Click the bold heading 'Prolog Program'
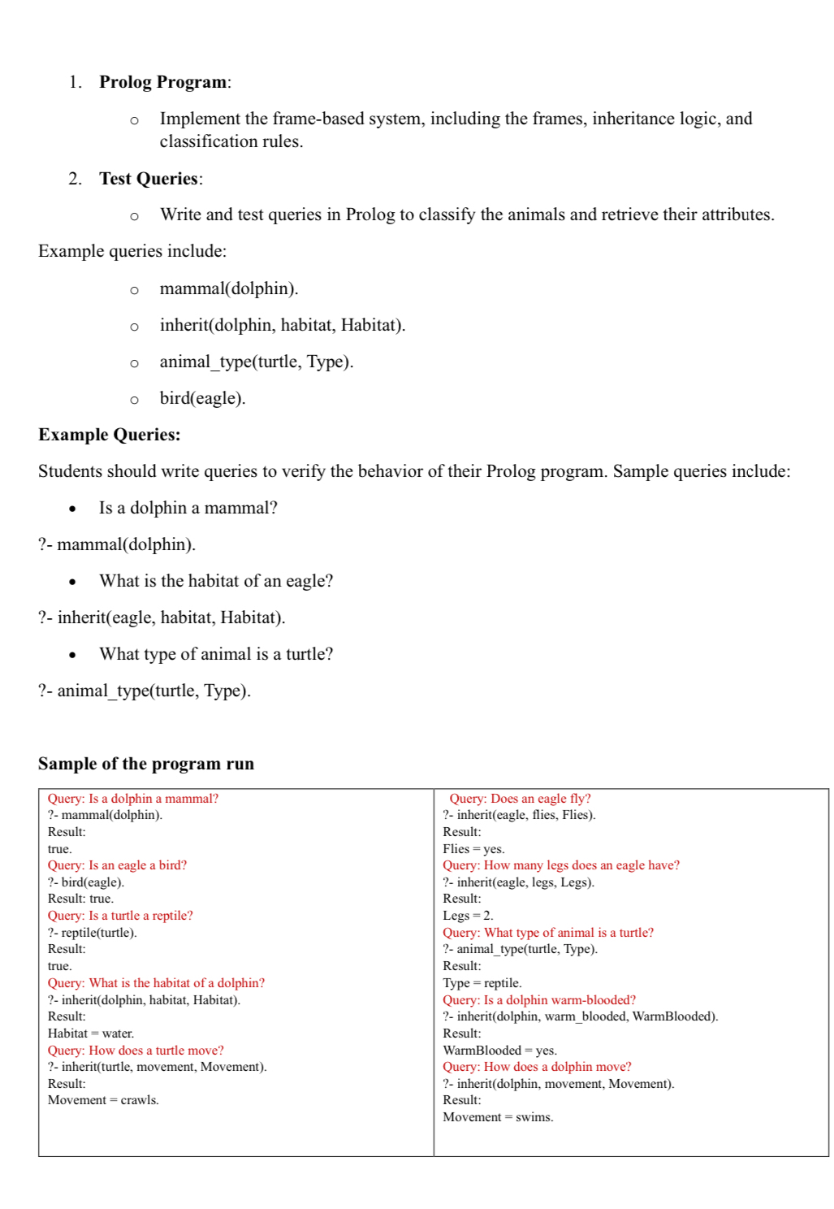tap(163, 82)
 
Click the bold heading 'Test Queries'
tap(149, 179)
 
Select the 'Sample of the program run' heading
tap(146, 764)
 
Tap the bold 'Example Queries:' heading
tap(110, 435)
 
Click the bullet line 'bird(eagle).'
tap(202, 398)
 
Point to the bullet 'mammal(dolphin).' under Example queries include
tap(229, 288)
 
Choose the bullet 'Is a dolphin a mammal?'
tap(188, 508)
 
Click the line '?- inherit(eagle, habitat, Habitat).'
tap(162, 617)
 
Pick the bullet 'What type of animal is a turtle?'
tap(216, 654)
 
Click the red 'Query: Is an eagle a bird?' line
tap(117, 865)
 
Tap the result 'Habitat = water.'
tap(91, 1033)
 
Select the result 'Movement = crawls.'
tap(103, 1100)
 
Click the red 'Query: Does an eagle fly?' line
tap(520, 799)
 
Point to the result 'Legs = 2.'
tap(468, 916)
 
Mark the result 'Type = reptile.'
tap(482, 983)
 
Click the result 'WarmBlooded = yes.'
tap(499, 1051)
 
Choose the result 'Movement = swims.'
tap(498, 1117)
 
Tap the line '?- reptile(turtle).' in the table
tap(92, 933)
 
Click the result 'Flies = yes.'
tap(473, 849)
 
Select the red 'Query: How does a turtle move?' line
tap(136, 1051)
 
